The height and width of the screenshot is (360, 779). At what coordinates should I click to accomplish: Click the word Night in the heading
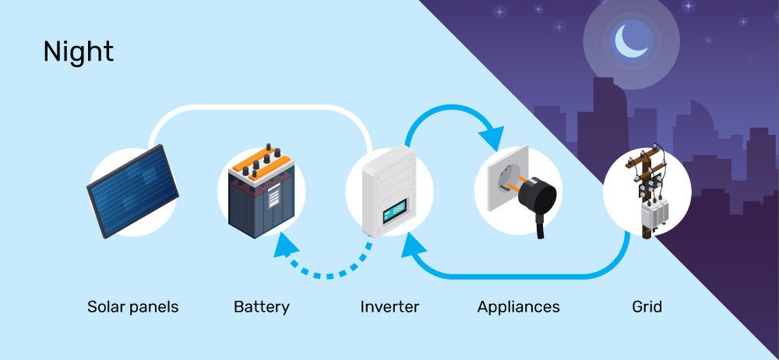point(78,51)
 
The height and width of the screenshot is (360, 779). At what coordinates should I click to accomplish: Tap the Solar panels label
point(132,307)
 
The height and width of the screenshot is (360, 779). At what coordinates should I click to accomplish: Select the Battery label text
point(261,307)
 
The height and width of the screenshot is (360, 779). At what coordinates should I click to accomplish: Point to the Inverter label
point(389,307)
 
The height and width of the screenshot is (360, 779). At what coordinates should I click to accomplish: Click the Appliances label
point(518,307)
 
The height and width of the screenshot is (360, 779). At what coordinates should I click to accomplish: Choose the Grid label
point(647,307)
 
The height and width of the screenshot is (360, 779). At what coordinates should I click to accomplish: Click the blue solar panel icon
point(132,191)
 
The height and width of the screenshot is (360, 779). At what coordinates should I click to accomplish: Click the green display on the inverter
point(394,210)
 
